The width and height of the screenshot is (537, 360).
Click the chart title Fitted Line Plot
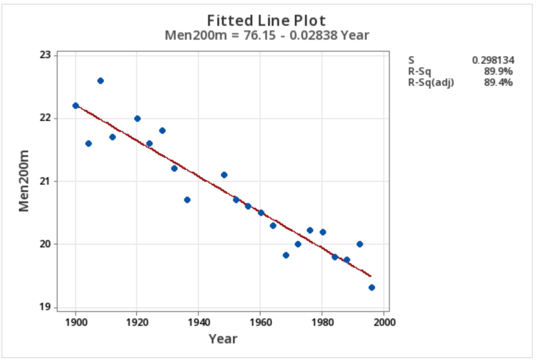[x=266, y=21]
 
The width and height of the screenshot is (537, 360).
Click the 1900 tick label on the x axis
[x=76, y=322]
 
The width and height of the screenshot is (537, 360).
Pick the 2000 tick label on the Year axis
[x=383, y=322]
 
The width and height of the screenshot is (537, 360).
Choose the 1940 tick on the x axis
[x=198, y=322]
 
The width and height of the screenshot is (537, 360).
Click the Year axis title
[x=223, y=339]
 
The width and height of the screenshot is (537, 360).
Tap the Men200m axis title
[x=24, y=181]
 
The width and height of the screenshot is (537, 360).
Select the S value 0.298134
[x=493, y=60]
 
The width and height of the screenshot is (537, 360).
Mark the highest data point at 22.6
[x=101, y=81]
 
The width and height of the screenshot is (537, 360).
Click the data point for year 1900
[x=76, y=106]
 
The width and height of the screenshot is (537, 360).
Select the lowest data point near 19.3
[x=371, y=288]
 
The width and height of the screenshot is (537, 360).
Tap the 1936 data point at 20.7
[x=187, y=200]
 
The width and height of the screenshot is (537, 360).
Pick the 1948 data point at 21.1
[x=224, y=175]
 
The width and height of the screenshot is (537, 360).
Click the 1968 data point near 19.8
[x=286, y=255]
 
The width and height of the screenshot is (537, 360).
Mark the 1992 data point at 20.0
[x=359, y=244]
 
